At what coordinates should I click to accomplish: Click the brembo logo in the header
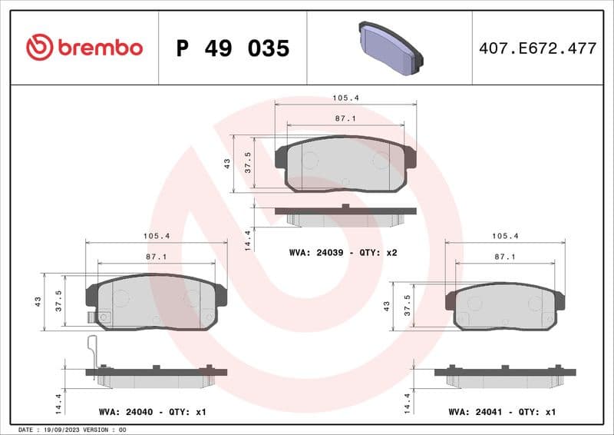pos(84,48)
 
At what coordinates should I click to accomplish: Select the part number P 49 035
pos(233,48)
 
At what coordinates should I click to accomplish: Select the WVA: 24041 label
pos(476,412)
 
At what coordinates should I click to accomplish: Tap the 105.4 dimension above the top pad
pos(345,98)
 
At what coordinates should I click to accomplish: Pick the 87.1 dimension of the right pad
pos(504,257)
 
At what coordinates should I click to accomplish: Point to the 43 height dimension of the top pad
pos(227,163)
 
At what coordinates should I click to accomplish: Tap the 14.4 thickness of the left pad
pos(58,400)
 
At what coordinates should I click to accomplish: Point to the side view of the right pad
pos(504,376)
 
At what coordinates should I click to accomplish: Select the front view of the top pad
pos(345,164)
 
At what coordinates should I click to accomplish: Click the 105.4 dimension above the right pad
pos(504,237)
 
